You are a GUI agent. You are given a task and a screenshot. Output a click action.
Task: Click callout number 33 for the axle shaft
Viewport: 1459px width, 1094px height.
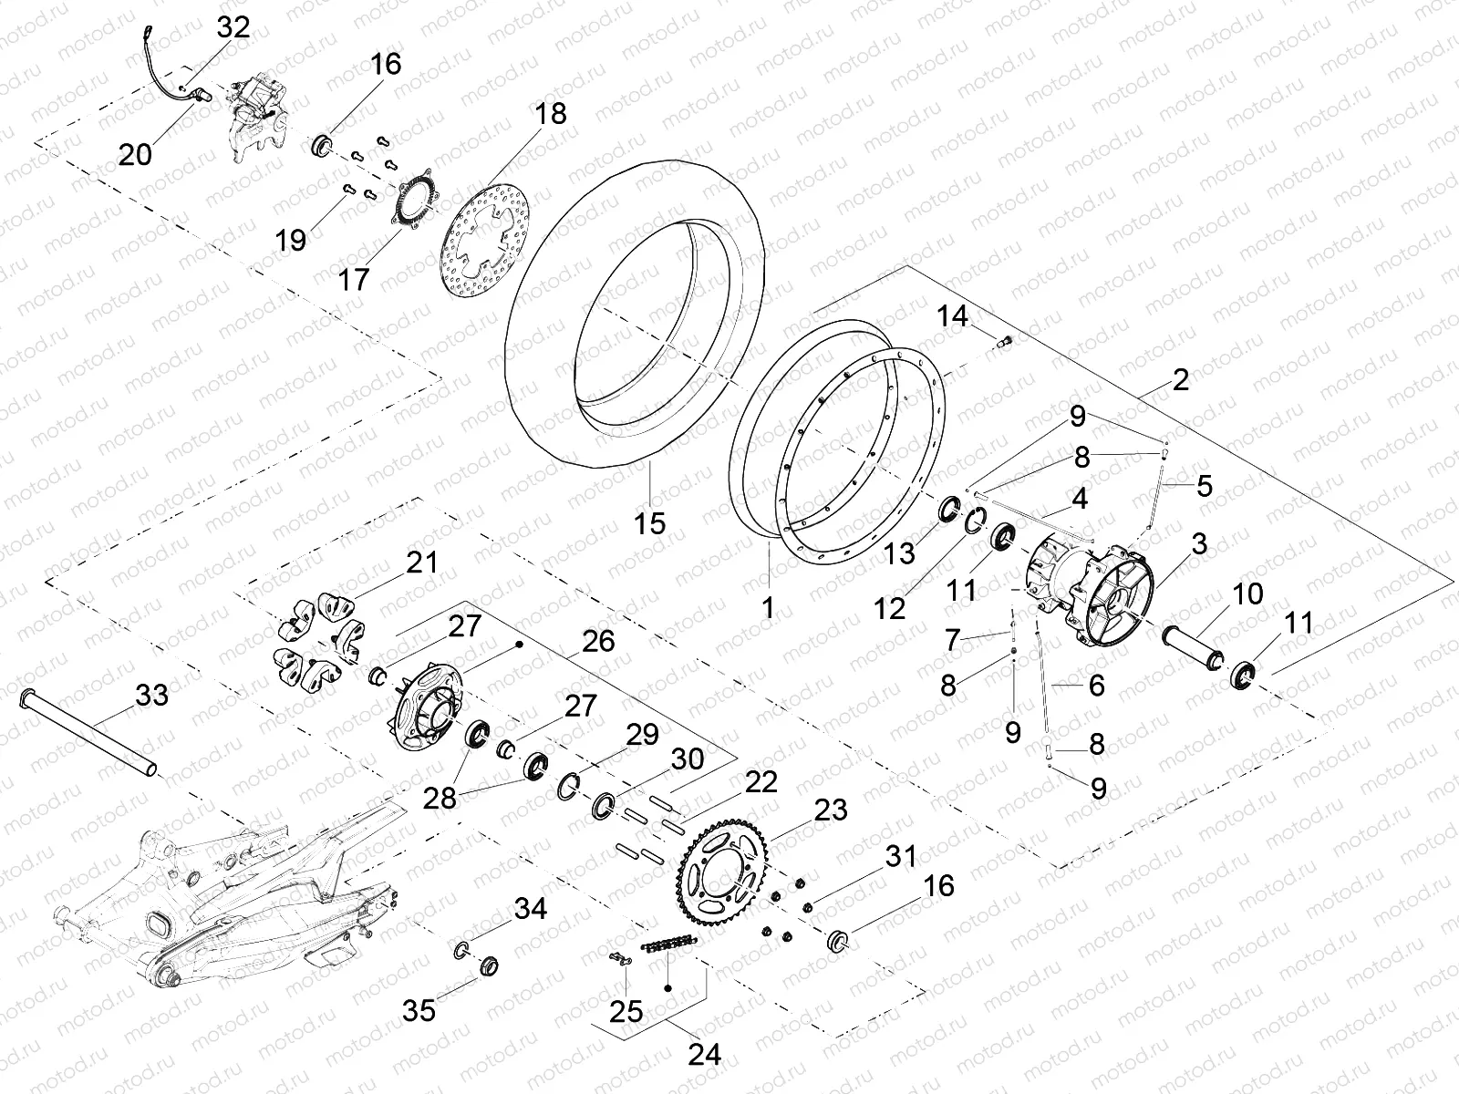(151, 696)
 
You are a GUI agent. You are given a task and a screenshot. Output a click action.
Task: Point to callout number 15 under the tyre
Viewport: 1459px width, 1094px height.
(651, 523)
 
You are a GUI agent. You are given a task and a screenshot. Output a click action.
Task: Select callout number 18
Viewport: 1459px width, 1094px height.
(551, 114)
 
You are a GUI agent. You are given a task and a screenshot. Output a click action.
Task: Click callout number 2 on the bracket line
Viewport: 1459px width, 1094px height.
(1181, 379)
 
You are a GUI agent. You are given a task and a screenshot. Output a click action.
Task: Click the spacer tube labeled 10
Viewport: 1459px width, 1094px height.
(1195, 645)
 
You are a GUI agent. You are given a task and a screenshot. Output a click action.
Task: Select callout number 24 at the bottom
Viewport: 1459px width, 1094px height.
(705, 1055)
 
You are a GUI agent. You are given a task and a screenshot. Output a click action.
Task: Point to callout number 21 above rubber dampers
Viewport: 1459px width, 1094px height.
(422, 562)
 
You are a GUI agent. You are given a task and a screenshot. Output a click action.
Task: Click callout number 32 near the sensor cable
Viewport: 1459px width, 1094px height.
(233, 26)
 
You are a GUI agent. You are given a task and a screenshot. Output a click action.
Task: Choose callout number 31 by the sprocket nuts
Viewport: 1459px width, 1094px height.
(900, 857)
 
